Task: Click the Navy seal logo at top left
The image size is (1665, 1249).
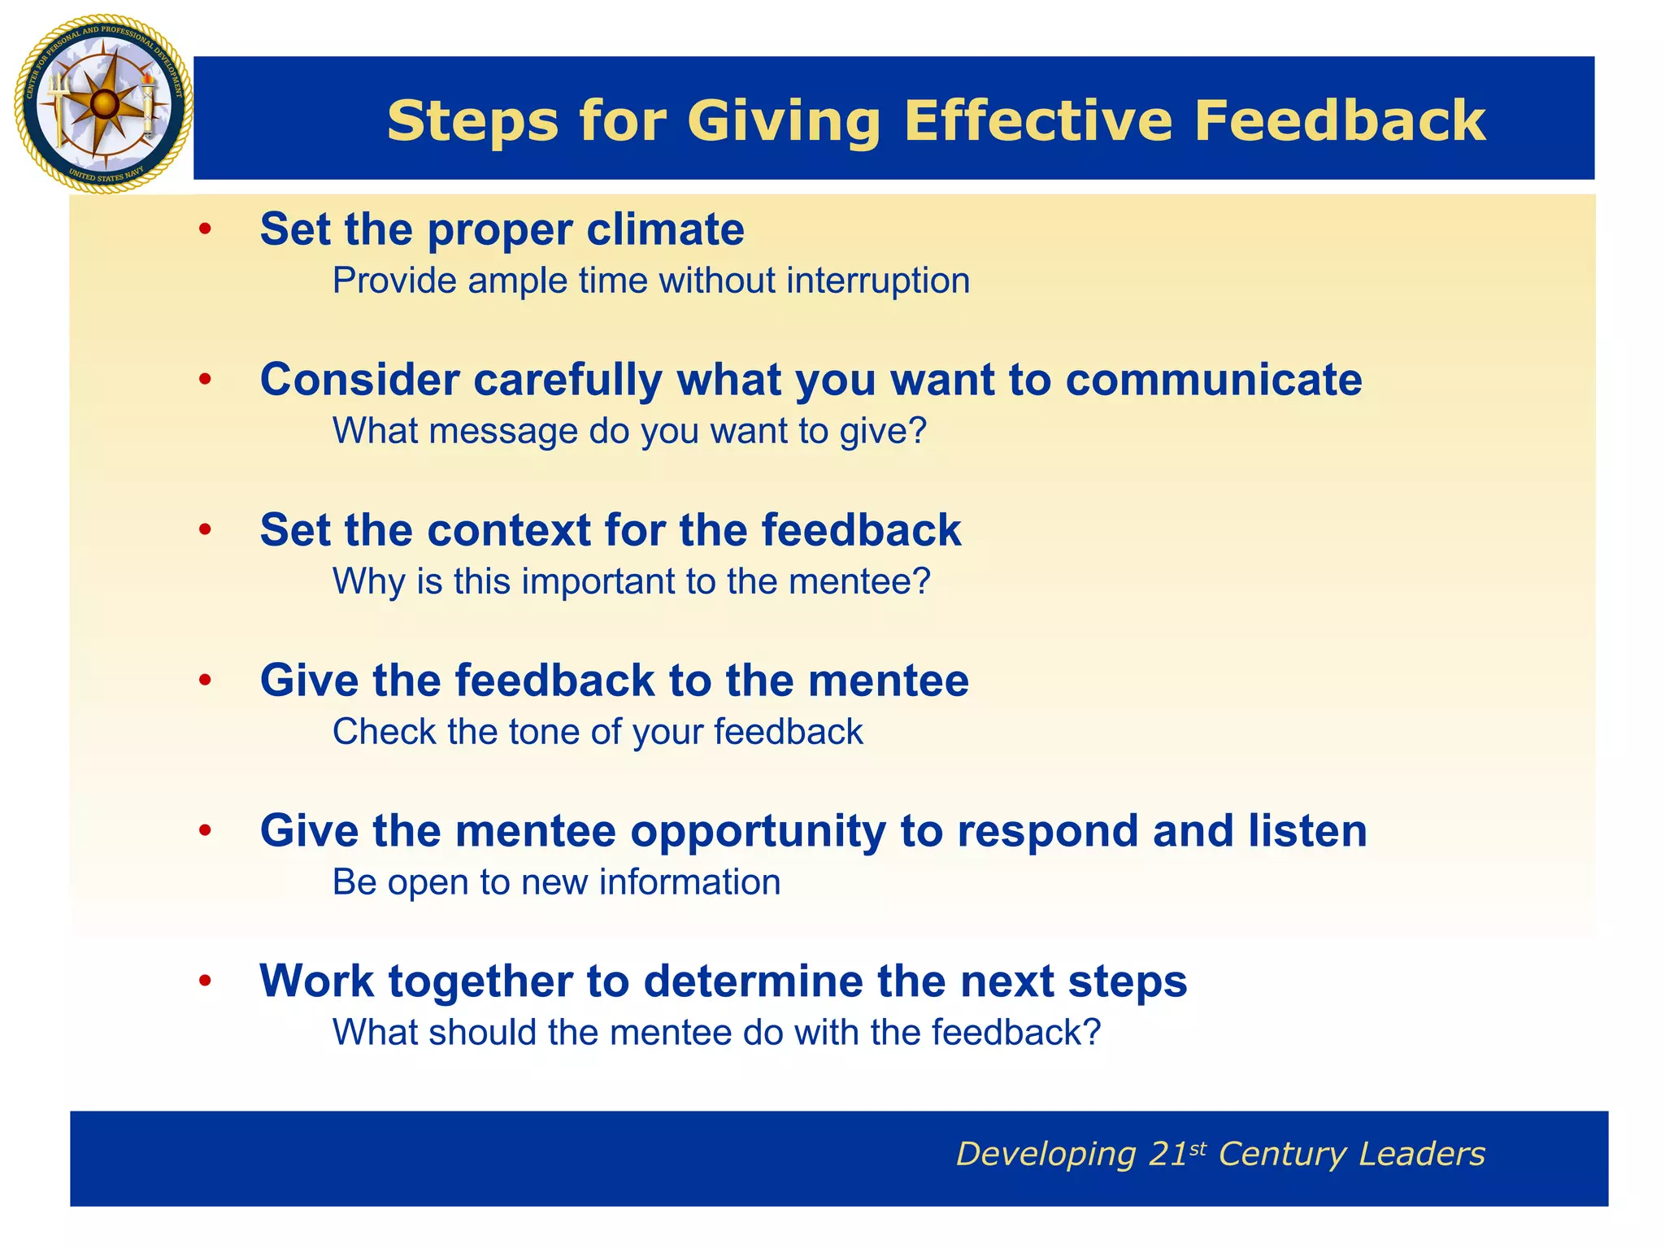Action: coord(103,104)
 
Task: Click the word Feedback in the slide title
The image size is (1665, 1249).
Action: coord(1339,121)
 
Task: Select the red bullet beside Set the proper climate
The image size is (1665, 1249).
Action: coord(206,229)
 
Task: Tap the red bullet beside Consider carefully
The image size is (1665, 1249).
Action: coord(206,380)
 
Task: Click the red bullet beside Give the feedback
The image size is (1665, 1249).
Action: coord(206,681)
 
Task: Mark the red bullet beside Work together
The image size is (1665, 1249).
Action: coord(206,981)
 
